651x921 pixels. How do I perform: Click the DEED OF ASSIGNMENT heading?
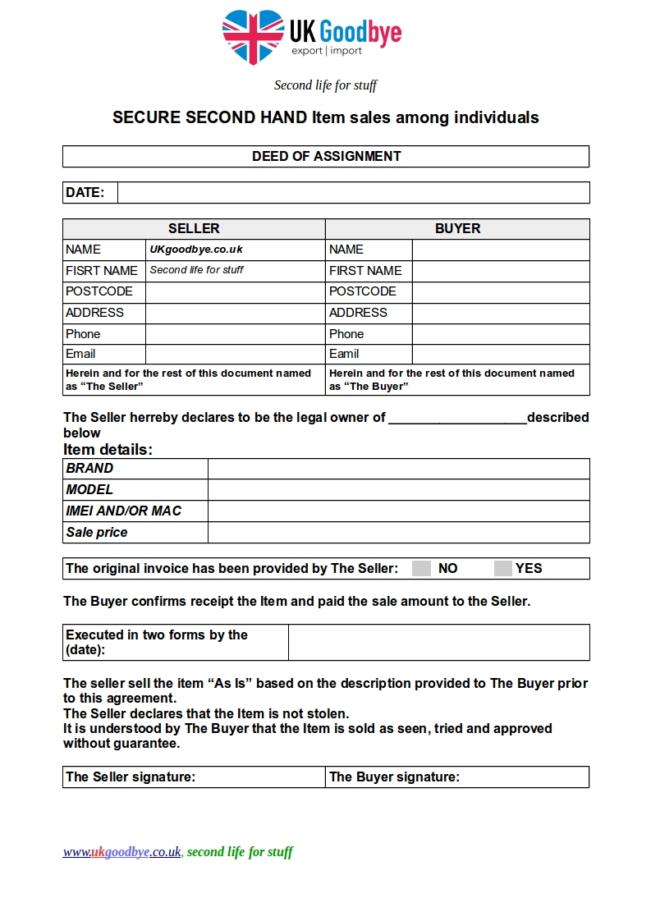(326, 156)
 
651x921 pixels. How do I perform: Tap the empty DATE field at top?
(353, 193)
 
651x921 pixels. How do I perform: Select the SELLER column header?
(194, 229)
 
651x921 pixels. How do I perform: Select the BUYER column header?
(457, 229)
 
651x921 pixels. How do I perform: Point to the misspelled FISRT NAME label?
(102, 271)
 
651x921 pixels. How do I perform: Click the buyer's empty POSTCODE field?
(500, 292)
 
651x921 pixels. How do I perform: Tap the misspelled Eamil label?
(344, 354)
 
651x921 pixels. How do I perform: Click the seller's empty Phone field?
(235, 334)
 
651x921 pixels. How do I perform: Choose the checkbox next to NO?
(421, 569)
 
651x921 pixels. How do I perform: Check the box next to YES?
(503, 569)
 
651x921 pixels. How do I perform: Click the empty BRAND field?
(398, 469)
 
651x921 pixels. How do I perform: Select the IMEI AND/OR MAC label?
(124, 511)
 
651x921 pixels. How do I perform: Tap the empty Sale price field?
(398, 533)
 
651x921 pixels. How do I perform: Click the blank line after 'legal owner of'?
(457, 419)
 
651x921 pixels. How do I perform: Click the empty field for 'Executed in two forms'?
(438, 642)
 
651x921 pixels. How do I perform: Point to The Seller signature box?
(194, 777)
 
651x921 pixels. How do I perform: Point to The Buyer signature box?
(457, 777)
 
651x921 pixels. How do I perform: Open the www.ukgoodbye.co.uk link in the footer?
(122, 852)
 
